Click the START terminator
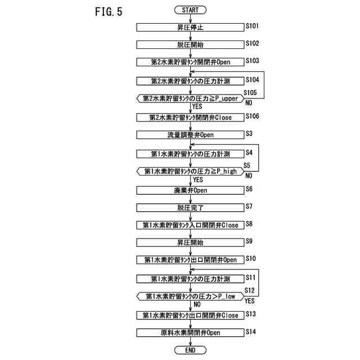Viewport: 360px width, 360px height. [x=191, y=10]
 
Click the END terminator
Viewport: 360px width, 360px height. [x=191, y=350]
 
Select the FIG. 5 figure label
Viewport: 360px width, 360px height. [x=105, y=12]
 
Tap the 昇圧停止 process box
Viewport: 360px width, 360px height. [x=191, y=26]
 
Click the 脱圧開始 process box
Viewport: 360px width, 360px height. [x=191, y=44]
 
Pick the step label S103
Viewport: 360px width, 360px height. [x=252, y=60]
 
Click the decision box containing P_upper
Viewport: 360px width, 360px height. [x=191, y=98]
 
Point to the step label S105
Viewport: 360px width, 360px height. [x=250, y=92]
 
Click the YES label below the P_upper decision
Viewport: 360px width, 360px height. [x=197, y=106]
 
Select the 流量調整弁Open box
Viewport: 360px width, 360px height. [x=191, y=135]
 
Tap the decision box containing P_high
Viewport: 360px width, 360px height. [x=191, y=171]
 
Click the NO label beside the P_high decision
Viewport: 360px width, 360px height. [x=249, y=175]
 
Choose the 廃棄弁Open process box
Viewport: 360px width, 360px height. [x=191, y=190]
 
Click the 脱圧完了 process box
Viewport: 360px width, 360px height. [x=191, y=208]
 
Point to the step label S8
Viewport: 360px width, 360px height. [x=249, y=223]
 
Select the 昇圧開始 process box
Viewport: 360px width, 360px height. [x=191, y=242]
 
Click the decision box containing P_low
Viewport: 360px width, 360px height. [x=191, y=296]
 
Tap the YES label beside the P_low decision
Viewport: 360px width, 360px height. [x=250, y=301]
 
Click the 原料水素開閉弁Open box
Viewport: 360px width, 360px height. [x=191, y=332]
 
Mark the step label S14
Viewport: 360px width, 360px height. [x=251, y=332]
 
